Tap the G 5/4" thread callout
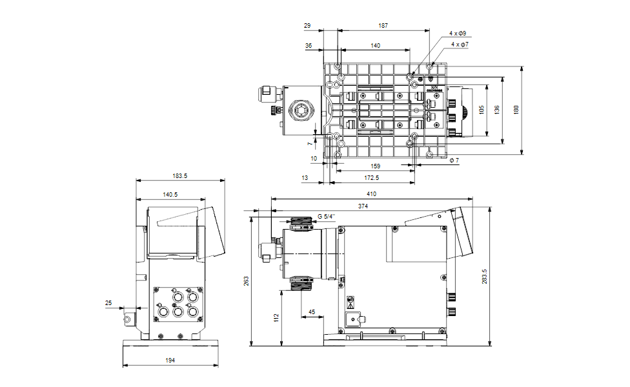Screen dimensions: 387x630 point(326,217)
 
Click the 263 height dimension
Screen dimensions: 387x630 point(246,281)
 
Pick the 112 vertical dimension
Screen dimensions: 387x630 point(276,317)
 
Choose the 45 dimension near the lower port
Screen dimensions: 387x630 point(312,312)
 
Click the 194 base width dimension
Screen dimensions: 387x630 point(169,361)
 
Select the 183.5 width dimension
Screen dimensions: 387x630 point(179,175)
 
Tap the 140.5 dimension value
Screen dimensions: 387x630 point(170,193)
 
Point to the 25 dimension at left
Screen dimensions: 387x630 point(108,303)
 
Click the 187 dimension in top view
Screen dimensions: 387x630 point(383,26)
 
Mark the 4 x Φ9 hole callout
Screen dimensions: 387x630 point(458,33)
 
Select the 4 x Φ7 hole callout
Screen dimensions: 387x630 point(460,45)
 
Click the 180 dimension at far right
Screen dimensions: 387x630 point(515,110)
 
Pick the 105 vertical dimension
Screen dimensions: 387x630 point(482,110)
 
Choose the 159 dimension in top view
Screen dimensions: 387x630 point(375,166)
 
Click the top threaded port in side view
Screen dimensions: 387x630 point(301,223)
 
